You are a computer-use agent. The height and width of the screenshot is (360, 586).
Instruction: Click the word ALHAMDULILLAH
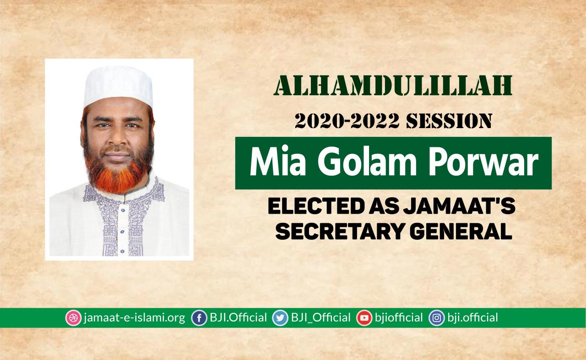(x=393, y=86)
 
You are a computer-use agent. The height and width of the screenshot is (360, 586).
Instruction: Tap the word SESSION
(x=449, y=121)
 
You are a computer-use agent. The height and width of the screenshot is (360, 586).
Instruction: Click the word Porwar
(x=483, y=161)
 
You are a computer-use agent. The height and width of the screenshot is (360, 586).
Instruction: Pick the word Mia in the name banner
(x=278, y=161)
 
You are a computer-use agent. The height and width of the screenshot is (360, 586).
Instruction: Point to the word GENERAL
(x=461, y=231)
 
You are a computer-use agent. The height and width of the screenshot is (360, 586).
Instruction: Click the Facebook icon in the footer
(x=199, y=318)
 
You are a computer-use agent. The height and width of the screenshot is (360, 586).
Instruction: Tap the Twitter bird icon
(x=280, y=318)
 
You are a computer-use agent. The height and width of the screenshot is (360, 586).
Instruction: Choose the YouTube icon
(x=364, y=318)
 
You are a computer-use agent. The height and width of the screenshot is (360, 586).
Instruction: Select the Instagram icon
(x=437, y=318)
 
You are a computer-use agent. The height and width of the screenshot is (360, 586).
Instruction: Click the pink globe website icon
(x=73, y=318)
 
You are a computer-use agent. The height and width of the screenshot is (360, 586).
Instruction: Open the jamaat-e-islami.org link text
(x=134, y=318)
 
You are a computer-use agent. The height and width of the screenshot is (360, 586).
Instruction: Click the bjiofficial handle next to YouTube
(x=399, y=318)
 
